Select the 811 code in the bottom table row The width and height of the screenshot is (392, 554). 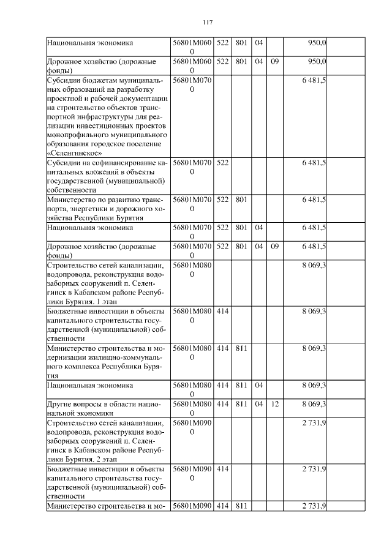pos(241,505)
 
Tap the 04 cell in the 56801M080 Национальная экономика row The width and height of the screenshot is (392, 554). pos(258,385)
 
